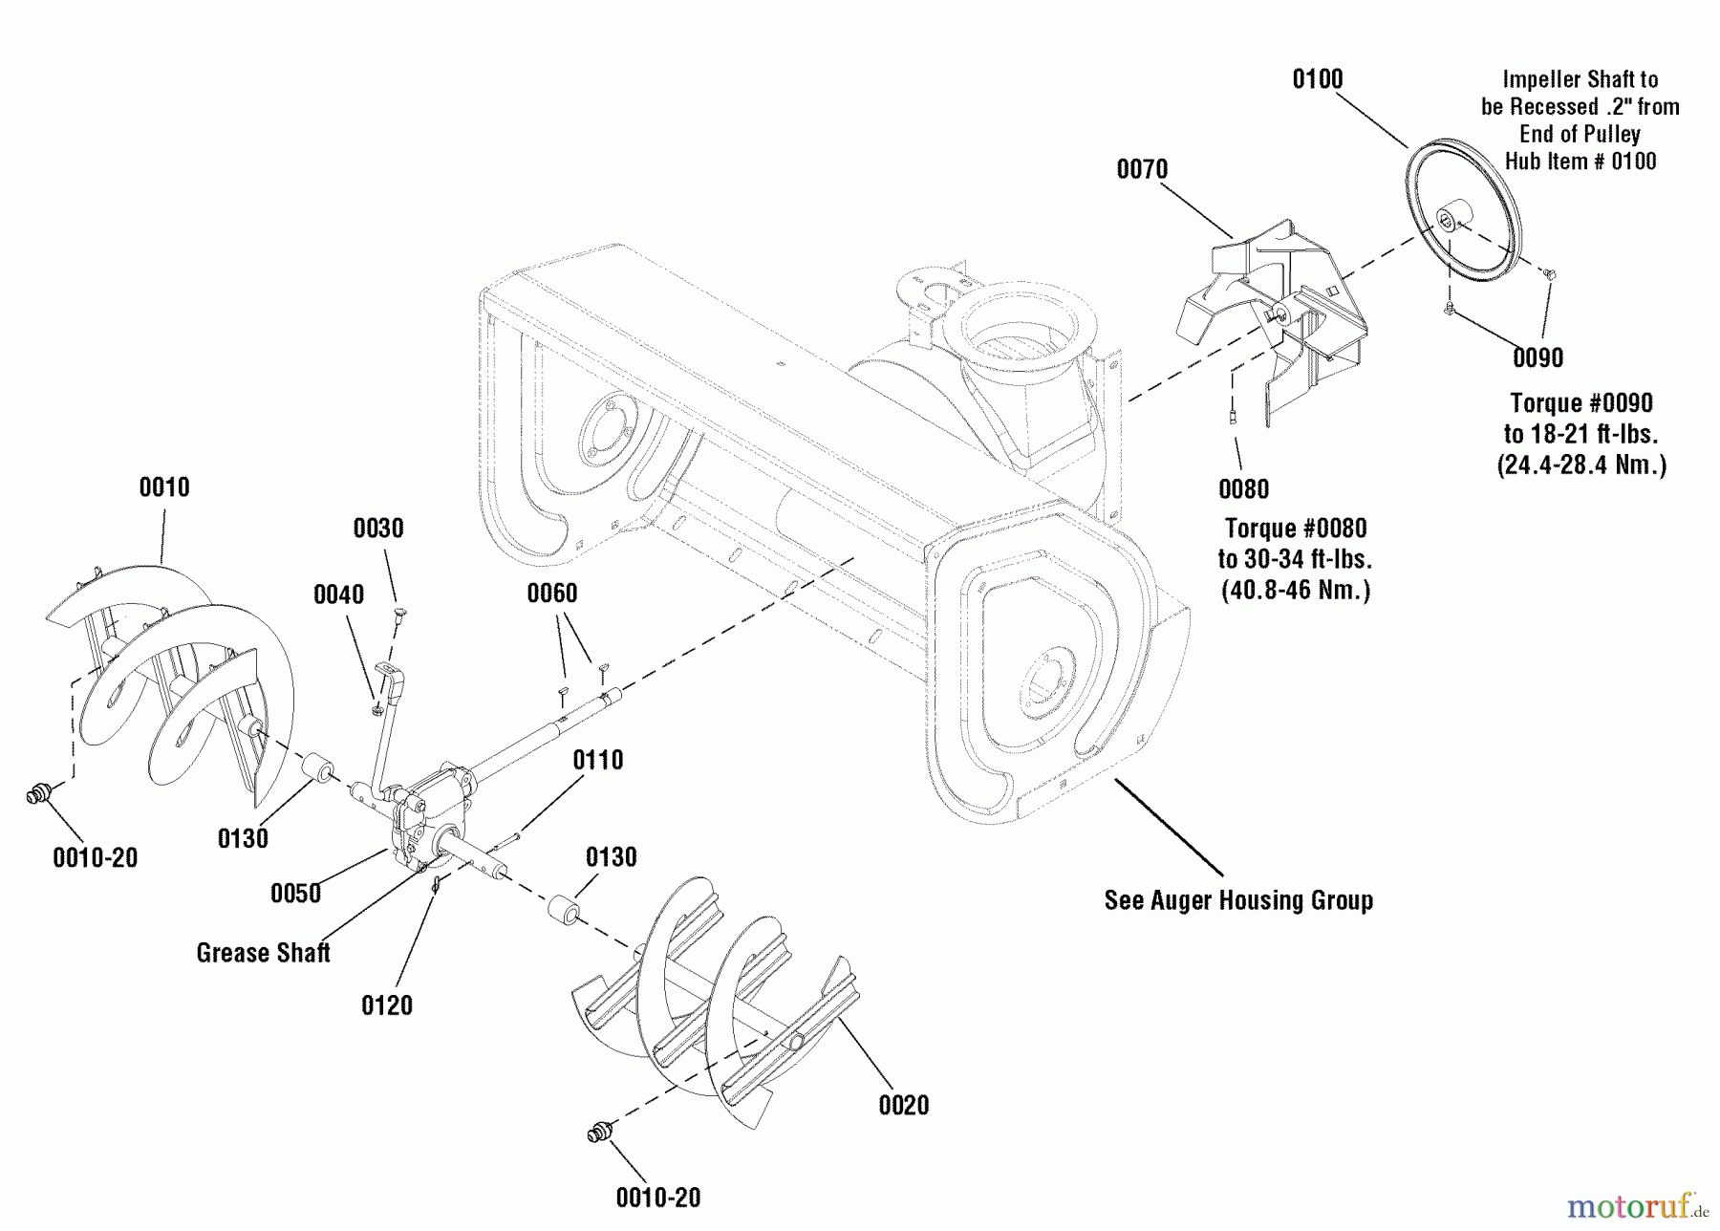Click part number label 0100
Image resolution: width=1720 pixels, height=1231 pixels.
click(1317, 79)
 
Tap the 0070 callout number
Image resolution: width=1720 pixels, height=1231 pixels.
click(1142, 169)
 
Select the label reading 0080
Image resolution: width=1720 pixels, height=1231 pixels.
click(1243, 489)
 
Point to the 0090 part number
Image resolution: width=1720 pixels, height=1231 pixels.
click(1537, 357)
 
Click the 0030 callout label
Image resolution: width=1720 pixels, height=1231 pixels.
click(378, 529)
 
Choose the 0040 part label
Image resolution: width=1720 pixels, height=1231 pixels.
click(338, 594)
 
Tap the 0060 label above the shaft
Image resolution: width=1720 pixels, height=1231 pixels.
click(552, 594)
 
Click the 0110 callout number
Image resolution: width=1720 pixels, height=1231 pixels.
click(597, 760)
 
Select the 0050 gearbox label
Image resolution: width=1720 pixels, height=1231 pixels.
click(295, 894)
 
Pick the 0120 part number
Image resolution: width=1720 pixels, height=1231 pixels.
click(387, 1005)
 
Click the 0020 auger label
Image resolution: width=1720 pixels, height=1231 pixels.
click(903, 1106)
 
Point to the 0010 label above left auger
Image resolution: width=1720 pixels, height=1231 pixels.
click(164, 487)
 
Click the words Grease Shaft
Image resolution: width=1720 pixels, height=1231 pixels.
click(263, 953)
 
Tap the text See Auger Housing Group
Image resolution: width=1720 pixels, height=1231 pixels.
click(1238, 900)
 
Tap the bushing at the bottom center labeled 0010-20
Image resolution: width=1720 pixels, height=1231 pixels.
click(598, 1134)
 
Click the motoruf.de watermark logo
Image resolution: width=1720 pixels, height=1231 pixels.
click(1636, 1207)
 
